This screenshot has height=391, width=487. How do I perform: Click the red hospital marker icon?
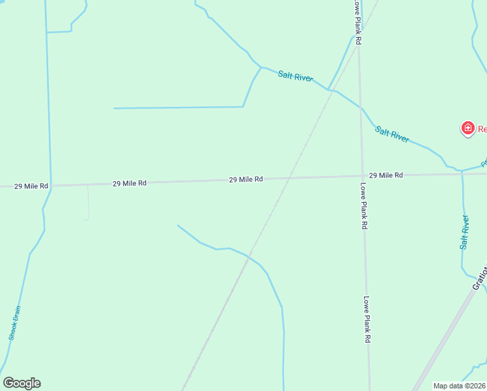tap(467, 128)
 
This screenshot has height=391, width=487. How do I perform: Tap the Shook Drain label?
tap(15, 323)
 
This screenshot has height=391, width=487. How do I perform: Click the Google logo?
tap(22, 383)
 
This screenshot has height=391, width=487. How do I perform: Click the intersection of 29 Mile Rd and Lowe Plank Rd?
tap(362, 176)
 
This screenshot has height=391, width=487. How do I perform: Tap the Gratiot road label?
tap(479, 278)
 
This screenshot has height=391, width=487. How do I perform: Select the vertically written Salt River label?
tap(464, 232)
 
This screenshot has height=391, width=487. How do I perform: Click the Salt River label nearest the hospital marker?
tap(392, 134)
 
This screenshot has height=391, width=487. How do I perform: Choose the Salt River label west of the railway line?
tap(295, 76)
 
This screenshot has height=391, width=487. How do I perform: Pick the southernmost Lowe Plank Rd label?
tap(367, 320)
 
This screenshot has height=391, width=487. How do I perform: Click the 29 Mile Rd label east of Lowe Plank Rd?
tap(385, 175)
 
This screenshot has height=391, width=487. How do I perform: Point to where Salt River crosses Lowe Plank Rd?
tap(361, 108)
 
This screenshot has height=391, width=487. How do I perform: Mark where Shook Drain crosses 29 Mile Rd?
tap(50, 186)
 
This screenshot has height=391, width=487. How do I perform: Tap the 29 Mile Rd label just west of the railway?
tap(245, 179)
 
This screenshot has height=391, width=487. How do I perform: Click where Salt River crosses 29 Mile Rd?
tap(462, 173)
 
